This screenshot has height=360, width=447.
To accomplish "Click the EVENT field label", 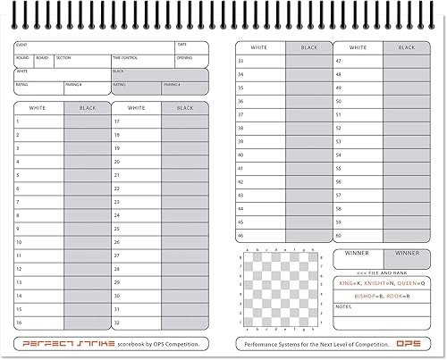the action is pos(21,45).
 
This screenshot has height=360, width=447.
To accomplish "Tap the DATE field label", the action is pos(181,45).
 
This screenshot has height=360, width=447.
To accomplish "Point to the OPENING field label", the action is pos(184,57).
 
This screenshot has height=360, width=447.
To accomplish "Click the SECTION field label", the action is pos(63,57).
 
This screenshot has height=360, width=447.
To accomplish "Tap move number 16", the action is pos(18,322).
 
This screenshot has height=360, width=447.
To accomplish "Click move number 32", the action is pos(117,322).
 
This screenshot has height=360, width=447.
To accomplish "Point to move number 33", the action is pos(240,62).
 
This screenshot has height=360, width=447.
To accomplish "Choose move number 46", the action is pos(240,236).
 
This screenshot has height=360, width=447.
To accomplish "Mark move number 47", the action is pos(338,62).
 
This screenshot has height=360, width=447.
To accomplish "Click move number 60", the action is pos(338,236).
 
